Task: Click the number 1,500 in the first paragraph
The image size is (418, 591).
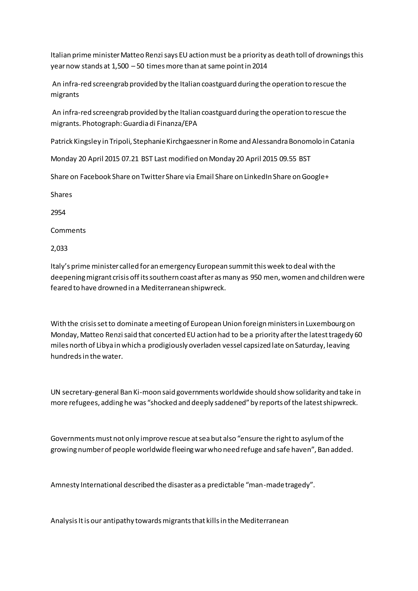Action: (120, 66)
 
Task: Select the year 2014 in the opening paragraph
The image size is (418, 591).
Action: (259, 66)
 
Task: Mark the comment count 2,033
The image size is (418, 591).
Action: (59, 248)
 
